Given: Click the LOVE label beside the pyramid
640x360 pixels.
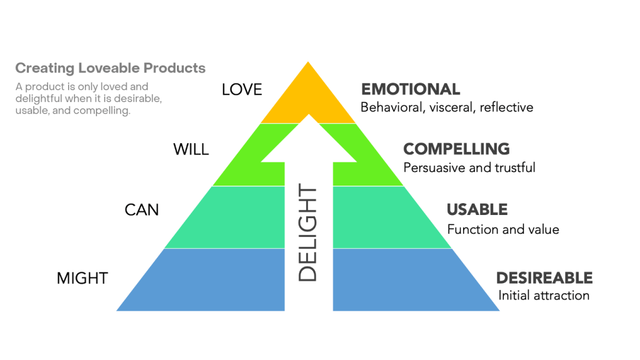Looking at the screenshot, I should pyautogui.click(x=242, y=90).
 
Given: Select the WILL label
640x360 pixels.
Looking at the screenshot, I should pyautogui.click(x=191, y=150).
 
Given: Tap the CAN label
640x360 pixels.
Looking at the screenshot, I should pyautogui.click(x=142, y=210).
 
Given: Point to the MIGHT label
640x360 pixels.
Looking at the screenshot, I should pyautogui.click(x=82, y=278).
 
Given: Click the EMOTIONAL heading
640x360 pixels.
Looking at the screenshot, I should pyautogui.click(x=411, y=89).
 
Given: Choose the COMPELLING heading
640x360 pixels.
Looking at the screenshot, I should pyautogui.click(x=456, y=149).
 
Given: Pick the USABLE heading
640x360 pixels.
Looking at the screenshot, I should pyautogui.click(x=477, y=209).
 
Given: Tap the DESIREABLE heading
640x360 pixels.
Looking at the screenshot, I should pyautogui.click(x=544, y=277).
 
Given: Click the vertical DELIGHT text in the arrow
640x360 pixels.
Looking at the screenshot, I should pyautogui.click(x=307, y=234).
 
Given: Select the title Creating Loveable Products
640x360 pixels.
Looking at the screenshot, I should pyautogui.click(x=110, y=68).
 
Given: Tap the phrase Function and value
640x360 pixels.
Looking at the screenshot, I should pyautogui.click(x=503, y=229).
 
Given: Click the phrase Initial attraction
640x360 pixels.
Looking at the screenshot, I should pyautogui.click(x=544, y=295).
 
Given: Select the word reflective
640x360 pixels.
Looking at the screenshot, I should pyautogui.click(x=508, y=107).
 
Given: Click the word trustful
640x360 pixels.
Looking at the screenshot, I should pyautogui.click(x=513, y=167).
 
